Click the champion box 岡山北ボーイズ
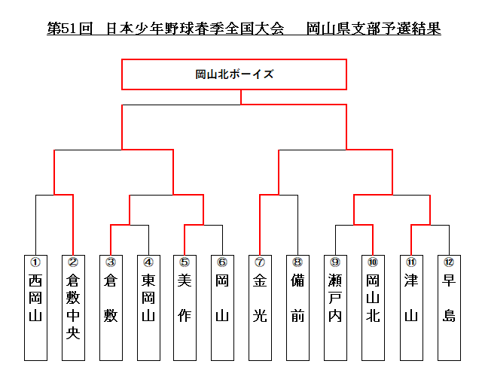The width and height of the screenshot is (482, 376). coord(234,74)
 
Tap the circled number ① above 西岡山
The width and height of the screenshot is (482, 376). coord(35,262)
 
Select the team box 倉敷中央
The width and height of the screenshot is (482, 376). coord(73,308)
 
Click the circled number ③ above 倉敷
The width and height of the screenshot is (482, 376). coord(111,262)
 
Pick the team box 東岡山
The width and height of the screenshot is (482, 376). coord(148,308)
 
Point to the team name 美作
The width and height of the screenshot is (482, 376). coord(185,298)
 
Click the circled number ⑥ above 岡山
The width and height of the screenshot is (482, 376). coord(222,262)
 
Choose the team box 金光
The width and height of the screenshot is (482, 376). coord(260,308)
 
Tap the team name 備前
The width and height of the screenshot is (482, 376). coord(297,298)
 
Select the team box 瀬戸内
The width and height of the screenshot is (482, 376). coord(335,308)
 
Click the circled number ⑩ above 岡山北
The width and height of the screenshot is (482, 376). coord(373,262)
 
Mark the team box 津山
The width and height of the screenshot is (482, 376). coord(411,308)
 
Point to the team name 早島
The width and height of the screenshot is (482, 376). coord(449,298)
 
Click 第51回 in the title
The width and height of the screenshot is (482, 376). coord(70,29)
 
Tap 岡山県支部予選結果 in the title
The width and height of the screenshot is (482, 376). coord(374,29)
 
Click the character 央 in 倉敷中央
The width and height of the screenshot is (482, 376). coord(73,332)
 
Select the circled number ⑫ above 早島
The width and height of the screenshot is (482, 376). coord(449,262)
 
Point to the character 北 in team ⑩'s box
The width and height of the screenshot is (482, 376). coord(373,316)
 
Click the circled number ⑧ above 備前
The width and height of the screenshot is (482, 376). coord(297,262)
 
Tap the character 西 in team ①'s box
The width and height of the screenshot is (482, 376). coord(35,280)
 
